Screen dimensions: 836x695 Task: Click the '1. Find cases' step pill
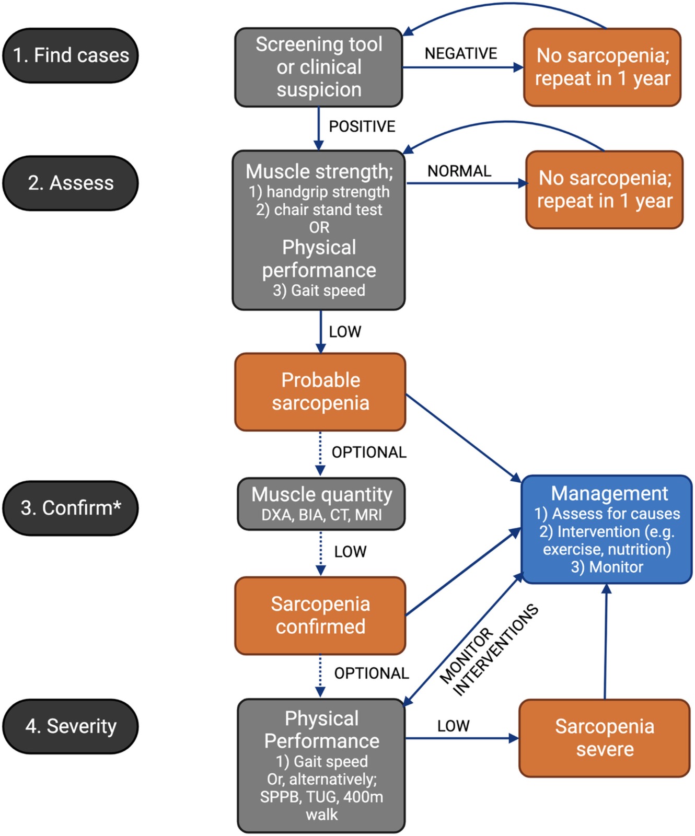click(71, 55)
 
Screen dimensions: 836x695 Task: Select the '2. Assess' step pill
click(71, 183)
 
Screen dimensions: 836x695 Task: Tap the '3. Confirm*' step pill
click(71, 508)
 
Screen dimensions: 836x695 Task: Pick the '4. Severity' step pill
click(71, 726)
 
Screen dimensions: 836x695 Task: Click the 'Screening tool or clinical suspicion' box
click(319, 67)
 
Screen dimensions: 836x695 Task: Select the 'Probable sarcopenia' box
click(320, 392)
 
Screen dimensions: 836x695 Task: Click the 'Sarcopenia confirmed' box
click(320, 616)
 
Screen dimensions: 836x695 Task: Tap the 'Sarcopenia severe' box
click(605, 738)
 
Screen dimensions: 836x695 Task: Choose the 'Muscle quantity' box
click(321, 495)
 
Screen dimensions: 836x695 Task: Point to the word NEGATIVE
click(460, 53)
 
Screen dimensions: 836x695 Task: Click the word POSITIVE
click(362, 126)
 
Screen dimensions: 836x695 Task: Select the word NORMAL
click(459, 171)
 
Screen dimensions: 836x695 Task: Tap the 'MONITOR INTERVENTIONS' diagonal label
click(489, 650)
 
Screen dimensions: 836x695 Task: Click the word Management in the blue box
click(609, 493)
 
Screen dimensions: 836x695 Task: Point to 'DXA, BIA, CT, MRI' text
click(321, 515)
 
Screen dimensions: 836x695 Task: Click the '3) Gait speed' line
click(319, 291)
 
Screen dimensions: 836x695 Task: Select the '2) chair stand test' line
click(319, 210)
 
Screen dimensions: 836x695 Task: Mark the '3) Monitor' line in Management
click(607, 567)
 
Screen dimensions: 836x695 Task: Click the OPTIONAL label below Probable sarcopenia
click(369, 452)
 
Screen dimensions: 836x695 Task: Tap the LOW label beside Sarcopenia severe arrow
click(453, 726)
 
